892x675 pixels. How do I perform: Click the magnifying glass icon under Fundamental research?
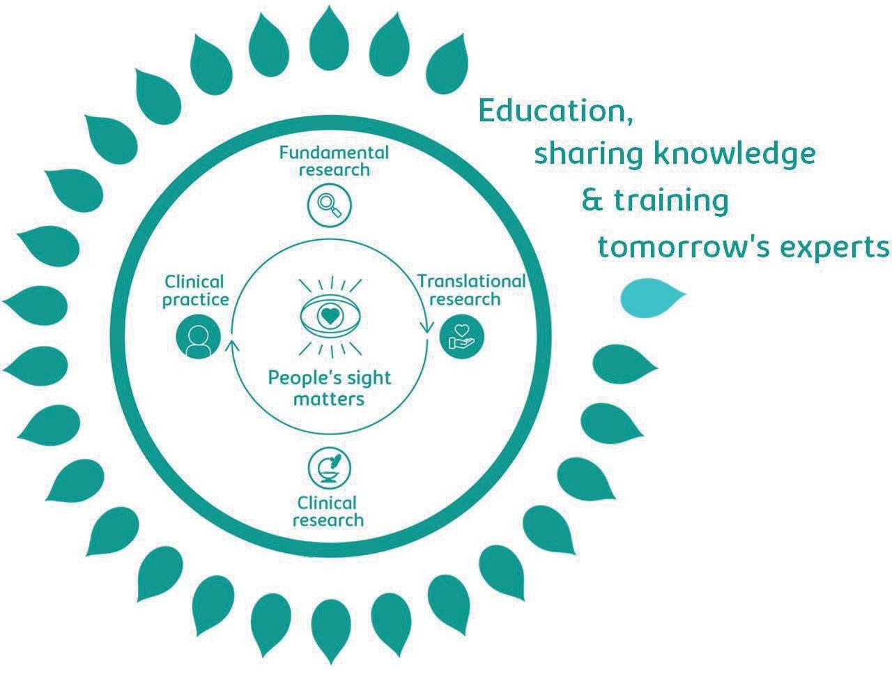tap(328, 205)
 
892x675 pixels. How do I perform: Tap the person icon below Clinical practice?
tap(199, 337)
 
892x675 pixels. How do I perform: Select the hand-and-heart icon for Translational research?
tap(461, 337)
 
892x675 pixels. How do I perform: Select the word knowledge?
tap(733, 155)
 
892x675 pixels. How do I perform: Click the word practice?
tap(195, 300)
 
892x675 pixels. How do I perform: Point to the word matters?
tap(329, 400)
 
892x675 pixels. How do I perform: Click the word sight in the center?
tap(367, 379)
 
